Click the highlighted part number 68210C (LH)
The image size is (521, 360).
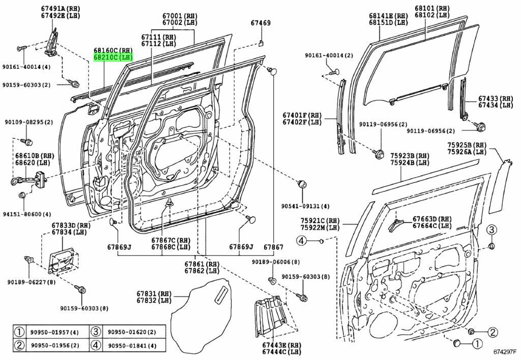(x=112, y=58)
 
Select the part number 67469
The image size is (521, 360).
(x=260, y=23)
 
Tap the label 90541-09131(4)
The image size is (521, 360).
(x=305, y=206)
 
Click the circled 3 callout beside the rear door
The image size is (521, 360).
(x=491, y=230)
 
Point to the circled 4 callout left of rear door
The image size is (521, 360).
(x=302, y=240)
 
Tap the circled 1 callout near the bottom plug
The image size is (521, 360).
(x=477, y=345)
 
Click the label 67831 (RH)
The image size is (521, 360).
(x=155, y=294)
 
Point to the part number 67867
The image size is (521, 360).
(x=273, y=247)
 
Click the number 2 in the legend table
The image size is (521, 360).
(x=19, y=346)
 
